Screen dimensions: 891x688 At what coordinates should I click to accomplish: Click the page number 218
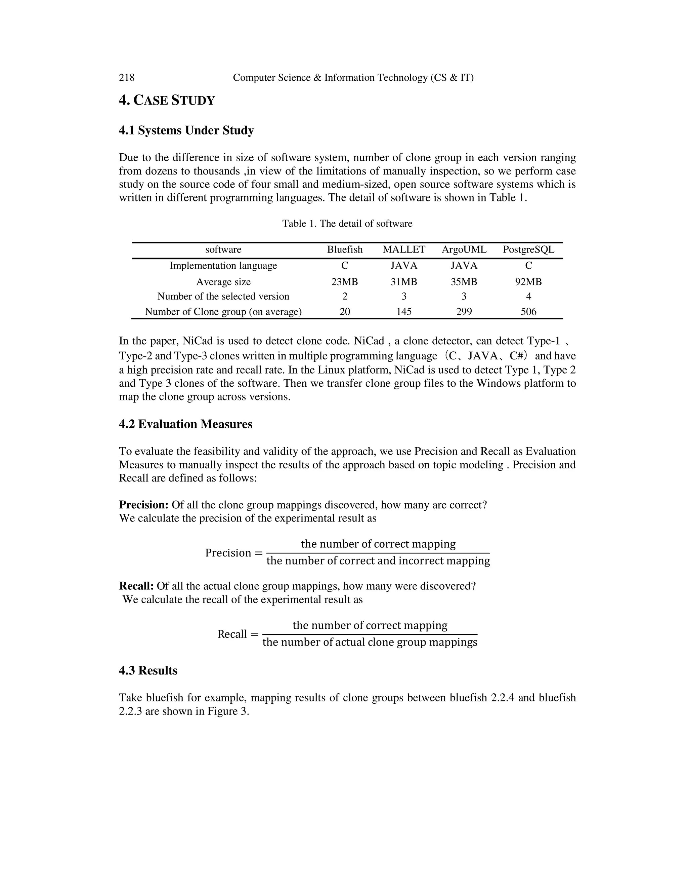point(126,78)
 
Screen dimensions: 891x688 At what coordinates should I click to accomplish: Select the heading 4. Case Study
point(167,100)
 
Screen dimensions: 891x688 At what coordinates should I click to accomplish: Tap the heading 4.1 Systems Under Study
point(186,130)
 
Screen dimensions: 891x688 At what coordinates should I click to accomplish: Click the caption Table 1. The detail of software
point(347,224)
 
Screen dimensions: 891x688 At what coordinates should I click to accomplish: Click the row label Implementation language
point(223,266)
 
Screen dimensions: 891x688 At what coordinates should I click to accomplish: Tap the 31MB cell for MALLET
point(403,282)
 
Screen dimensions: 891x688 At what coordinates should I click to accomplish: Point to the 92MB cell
point(528,282)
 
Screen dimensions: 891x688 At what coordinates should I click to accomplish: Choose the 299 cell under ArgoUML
point(464,312)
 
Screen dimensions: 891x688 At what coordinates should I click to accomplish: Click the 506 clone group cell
point(528,312)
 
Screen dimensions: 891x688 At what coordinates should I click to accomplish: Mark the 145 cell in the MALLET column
point(403,312)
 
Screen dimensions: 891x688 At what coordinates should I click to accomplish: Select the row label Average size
point(223,282)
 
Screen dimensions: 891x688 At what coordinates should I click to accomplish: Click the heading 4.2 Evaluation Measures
point(185,424)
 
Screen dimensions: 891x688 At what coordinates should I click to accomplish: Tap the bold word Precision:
point(143,505)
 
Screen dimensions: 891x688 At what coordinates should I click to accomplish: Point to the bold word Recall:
point(136,586)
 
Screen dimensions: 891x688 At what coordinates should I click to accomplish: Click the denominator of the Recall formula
point(370,643)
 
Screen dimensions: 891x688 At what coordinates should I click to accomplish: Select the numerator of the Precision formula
point(378,544)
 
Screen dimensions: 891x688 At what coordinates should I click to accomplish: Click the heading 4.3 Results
point(148,671)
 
